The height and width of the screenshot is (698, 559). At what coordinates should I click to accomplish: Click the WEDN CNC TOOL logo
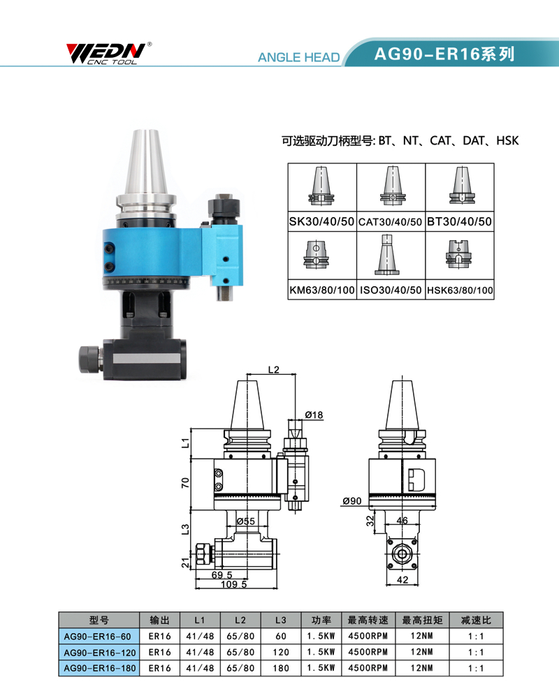(x=108, y=54)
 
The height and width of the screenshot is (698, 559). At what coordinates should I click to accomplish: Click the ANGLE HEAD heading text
(x=298, y=57)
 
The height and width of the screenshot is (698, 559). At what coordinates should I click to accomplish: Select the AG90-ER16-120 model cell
(x=99, y=653)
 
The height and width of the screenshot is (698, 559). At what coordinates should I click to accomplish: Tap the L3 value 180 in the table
(x=281, y=668)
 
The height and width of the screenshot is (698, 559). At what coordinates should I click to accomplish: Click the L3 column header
(x=281, y=620)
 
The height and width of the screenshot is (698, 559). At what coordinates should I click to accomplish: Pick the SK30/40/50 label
(x=321, y=222)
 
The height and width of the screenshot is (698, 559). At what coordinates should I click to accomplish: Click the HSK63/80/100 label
(x=460, y=290)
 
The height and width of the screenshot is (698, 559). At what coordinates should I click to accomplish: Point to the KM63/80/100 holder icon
(x=317, y=254)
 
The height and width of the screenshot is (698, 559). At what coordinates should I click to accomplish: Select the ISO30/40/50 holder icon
(x=386, y=255)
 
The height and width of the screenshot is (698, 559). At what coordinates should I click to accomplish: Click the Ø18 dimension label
(x=314, y=415)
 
